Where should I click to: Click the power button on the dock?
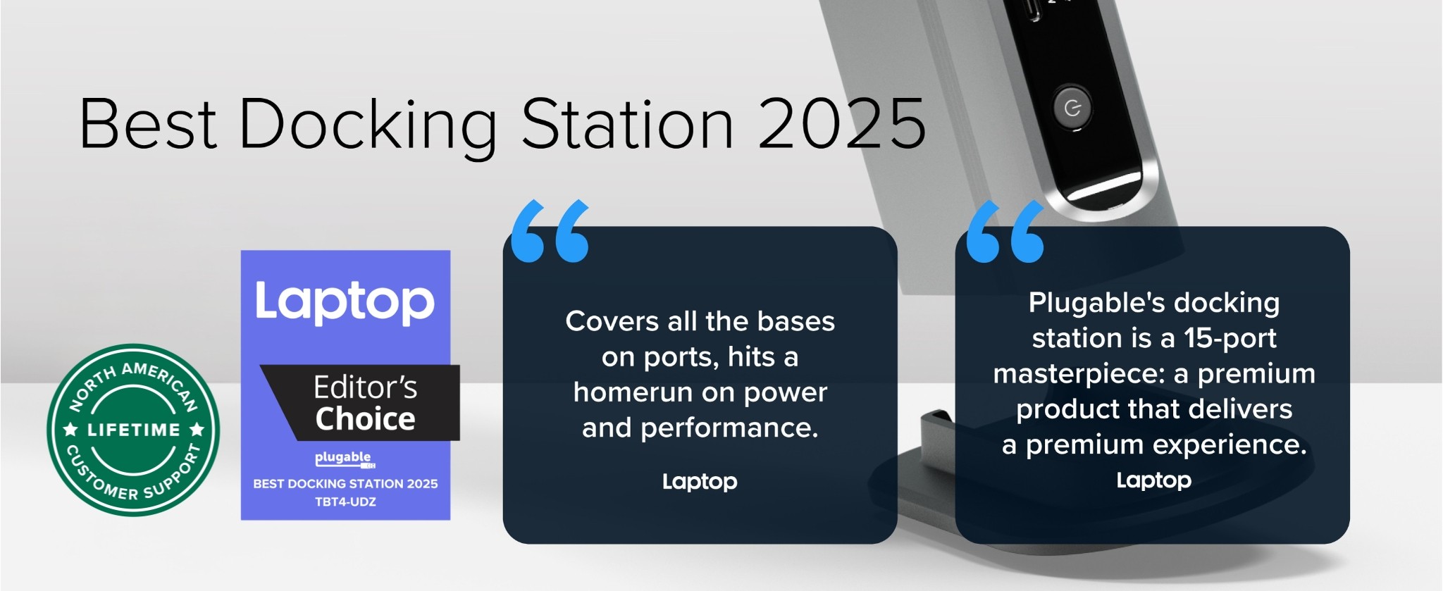click(1072, 108)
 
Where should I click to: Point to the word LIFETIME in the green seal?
click(134, 430)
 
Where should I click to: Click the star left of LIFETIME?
click(70, 429)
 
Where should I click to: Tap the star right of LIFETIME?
click(197, 429)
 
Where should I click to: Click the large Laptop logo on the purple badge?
click(345, 302)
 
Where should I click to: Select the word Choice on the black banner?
click(365, 418)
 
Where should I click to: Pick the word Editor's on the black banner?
click(365, 387)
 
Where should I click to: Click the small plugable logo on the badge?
click(345, 459)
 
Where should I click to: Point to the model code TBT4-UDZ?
click(345, 502)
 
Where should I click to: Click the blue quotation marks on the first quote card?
click(550, 231)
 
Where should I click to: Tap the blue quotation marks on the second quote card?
click(1005, 231)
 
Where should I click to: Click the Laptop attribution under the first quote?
click(700, 482)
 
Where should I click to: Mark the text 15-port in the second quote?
click(1230, 338)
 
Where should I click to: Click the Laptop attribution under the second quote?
click(1154, 480)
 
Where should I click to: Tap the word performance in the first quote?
click(729, 428)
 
